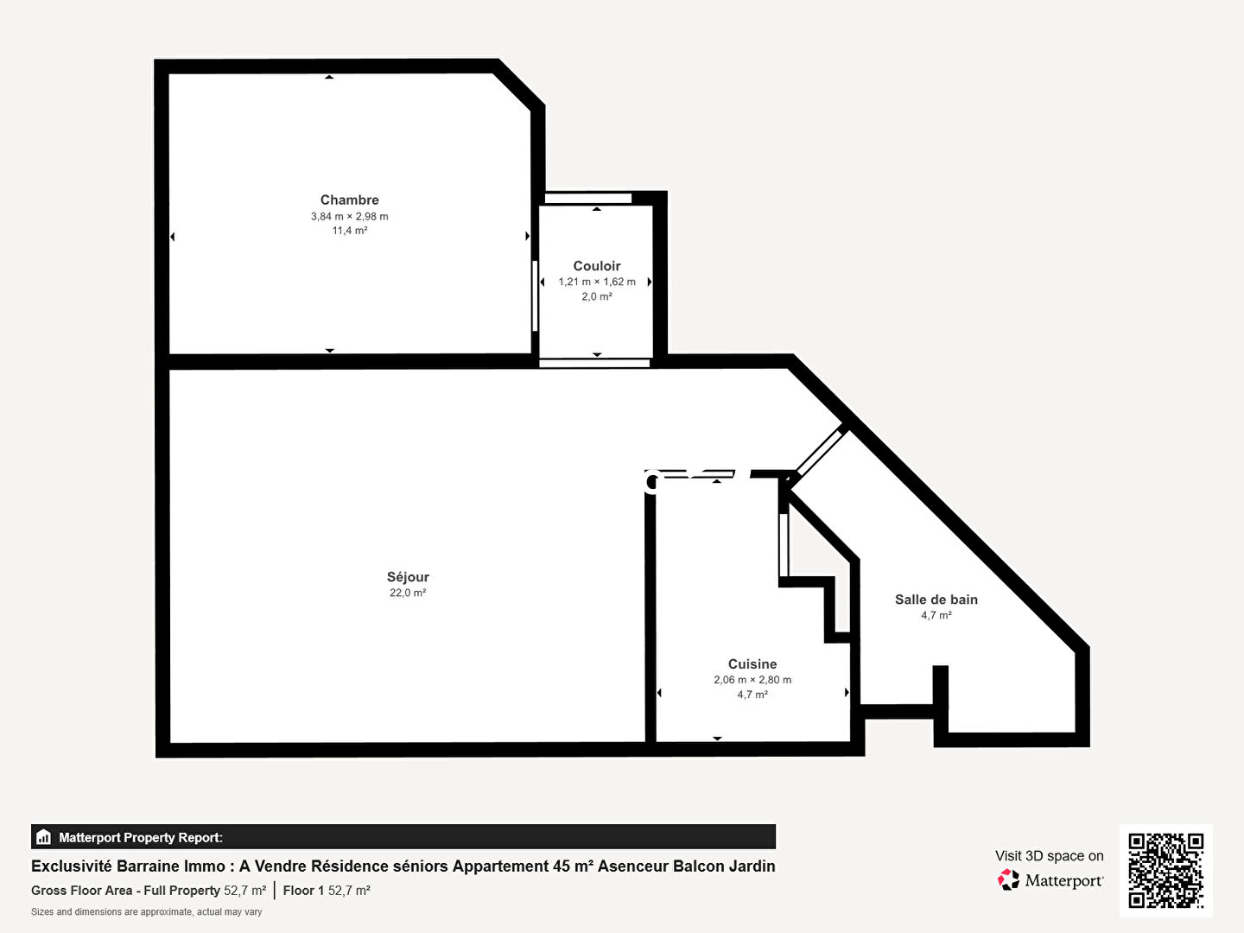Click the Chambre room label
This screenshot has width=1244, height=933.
[x=349, y=200]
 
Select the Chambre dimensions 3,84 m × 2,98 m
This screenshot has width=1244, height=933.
[x=349, y=216]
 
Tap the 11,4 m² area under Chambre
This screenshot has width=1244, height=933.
[x=349, y=231]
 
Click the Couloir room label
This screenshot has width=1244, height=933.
[x=597, y=266]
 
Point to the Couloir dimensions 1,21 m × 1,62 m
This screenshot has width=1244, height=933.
[x=597, y=282]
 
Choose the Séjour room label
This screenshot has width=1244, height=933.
[x=408, y=577]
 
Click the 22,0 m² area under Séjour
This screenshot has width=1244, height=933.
[x=408, y=593]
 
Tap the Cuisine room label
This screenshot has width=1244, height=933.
[x=752, y=664]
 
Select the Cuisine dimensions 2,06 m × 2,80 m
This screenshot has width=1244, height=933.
[x=752, y=680]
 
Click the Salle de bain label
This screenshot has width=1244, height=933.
[x=936, y=600]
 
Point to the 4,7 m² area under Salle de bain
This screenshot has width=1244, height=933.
[x=936, y=615]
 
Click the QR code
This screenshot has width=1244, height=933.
[x=1165, y=871]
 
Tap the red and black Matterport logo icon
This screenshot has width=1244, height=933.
[x=1008, y=879]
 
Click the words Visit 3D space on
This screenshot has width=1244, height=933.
[x=1049, y=856]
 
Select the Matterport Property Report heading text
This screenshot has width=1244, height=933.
[x=141, y=837]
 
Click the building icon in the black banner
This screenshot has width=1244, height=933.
[x=43, y=837]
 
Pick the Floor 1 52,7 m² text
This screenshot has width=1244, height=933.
[x=327, y=891]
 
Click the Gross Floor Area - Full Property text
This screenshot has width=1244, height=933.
[x=125, y=891]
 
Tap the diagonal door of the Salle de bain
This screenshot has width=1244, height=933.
[x=820, y=453]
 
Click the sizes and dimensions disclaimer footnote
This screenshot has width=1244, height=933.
[x=146, y=912]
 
